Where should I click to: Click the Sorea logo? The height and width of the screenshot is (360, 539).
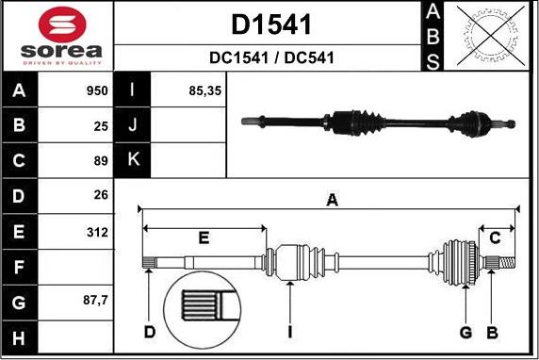[57, 36]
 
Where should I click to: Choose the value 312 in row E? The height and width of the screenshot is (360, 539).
[98, 232]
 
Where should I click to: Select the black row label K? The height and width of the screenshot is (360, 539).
[133, 160]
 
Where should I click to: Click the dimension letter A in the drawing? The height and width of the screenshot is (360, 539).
[332, 199]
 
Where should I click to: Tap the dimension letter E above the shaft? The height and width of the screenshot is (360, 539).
[204, 237]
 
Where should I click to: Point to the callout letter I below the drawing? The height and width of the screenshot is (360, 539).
[290, 332]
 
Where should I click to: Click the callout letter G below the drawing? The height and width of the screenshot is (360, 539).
[465, 332]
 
